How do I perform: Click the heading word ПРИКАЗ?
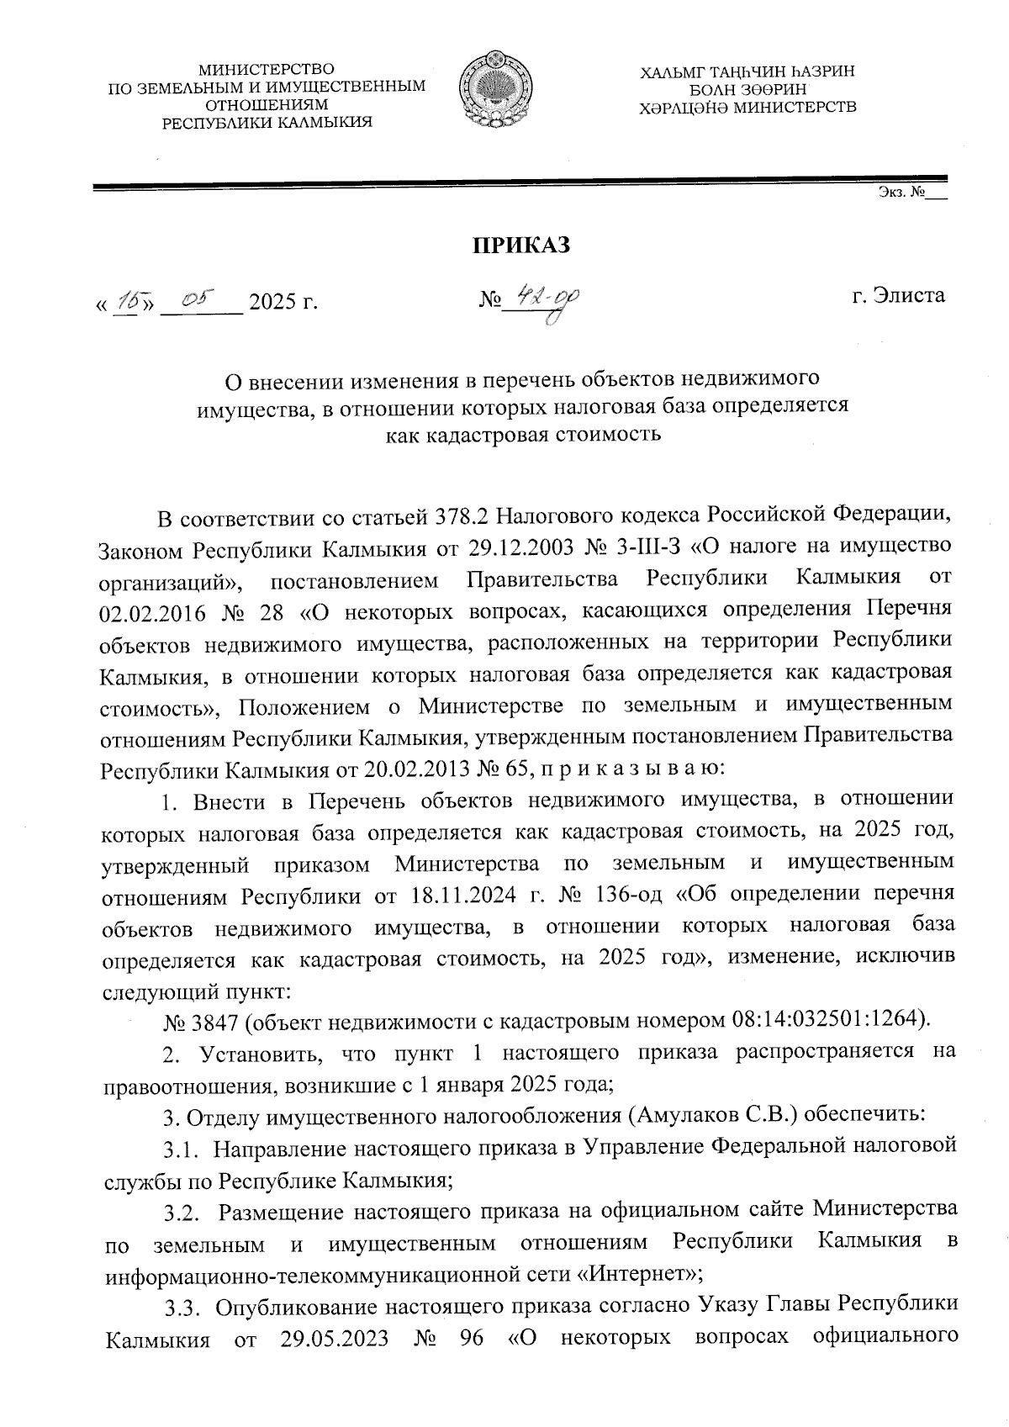click(x=520, y=246)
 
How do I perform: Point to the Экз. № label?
click(x=901, y=193)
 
